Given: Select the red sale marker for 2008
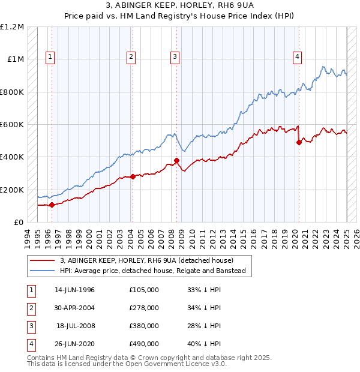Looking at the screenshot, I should (177, 160).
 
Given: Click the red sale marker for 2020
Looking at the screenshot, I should (299, 143).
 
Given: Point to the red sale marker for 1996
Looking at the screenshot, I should (52, 205).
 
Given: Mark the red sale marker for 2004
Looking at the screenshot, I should (133, 176).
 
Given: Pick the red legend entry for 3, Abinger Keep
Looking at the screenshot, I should (150, 260).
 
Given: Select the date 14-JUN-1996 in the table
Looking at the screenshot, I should (74, 290).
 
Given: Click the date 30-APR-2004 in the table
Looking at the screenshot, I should (74, 308).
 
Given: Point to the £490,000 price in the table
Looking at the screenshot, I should (144, 344).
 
